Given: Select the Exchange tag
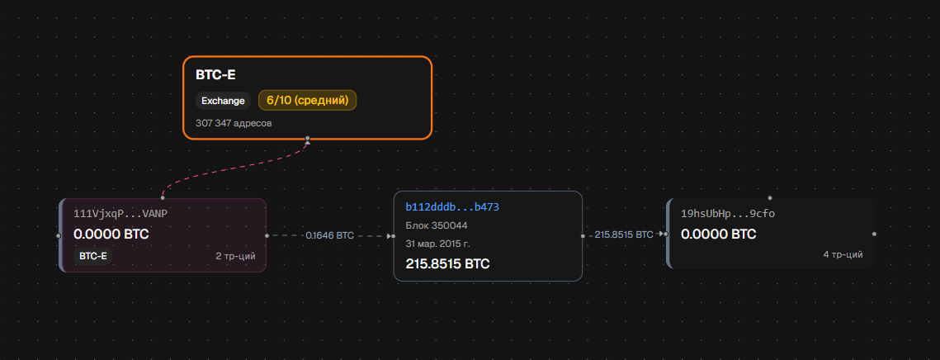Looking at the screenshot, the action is pos(223,101).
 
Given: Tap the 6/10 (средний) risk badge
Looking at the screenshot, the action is pos(308,100).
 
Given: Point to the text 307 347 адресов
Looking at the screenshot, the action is pos(234,123).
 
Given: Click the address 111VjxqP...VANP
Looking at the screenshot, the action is pos(120,214).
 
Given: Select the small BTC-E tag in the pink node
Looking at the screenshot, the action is pos(93,256).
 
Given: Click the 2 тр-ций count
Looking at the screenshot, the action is pos(235,256).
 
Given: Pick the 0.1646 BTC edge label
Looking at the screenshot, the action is pos(330,236).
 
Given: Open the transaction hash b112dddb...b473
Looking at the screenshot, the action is pos(452,207).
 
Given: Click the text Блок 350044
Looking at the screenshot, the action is pos(437,225).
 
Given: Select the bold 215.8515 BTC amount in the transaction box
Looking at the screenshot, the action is pos(448,263).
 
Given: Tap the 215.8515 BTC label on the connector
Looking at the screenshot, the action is pos(624,234).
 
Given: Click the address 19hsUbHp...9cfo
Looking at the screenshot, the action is pos(728,214).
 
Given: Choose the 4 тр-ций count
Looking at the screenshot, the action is pos(843,254).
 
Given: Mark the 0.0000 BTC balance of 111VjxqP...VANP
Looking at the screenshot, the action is pos(111,234).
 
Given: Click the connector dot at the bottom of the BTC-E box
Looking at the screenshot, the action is pos(308,139).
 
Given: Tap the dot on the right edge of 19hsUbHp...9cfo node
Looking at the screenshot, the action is pos(874,234).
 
